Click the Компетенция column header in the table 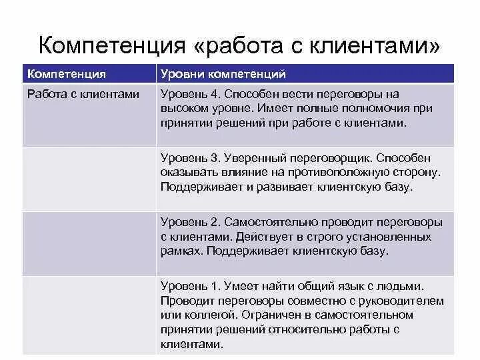(66, 74)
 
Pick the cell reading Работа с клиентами (83, 94)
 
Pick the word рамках (181, 251)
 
